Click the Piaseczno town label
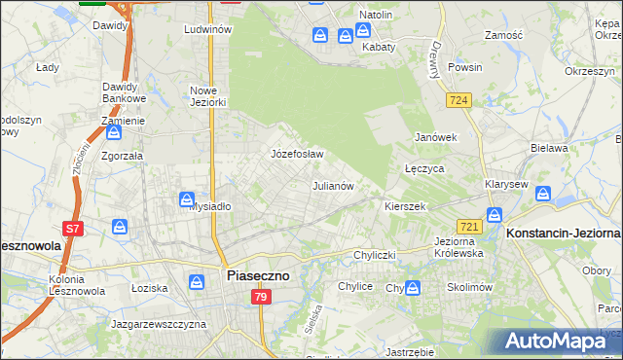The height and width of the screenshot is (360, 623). [257, 275]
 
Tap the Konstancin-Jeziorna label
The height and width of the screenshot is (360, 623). [564, 234]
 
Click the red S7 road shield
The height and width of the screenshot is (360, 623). [72, 229]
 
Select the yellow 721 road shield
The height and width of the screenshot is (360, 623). [470, 226]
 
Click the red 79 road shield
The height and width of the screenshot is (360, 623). [259, 297]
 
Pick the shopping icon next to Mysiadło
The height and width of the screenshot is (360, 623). [188, 199]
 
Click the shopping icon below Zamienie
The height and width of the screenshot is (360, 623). [113, 132]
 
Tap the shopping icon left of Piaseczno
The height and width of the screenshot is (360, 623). [198, 282]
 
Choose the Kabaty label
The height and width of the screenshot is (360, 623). [379, 47]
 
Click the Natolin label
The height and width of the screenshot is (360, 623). [375, 16]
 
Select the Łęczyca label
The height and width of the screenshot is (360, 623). [424, 168]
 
